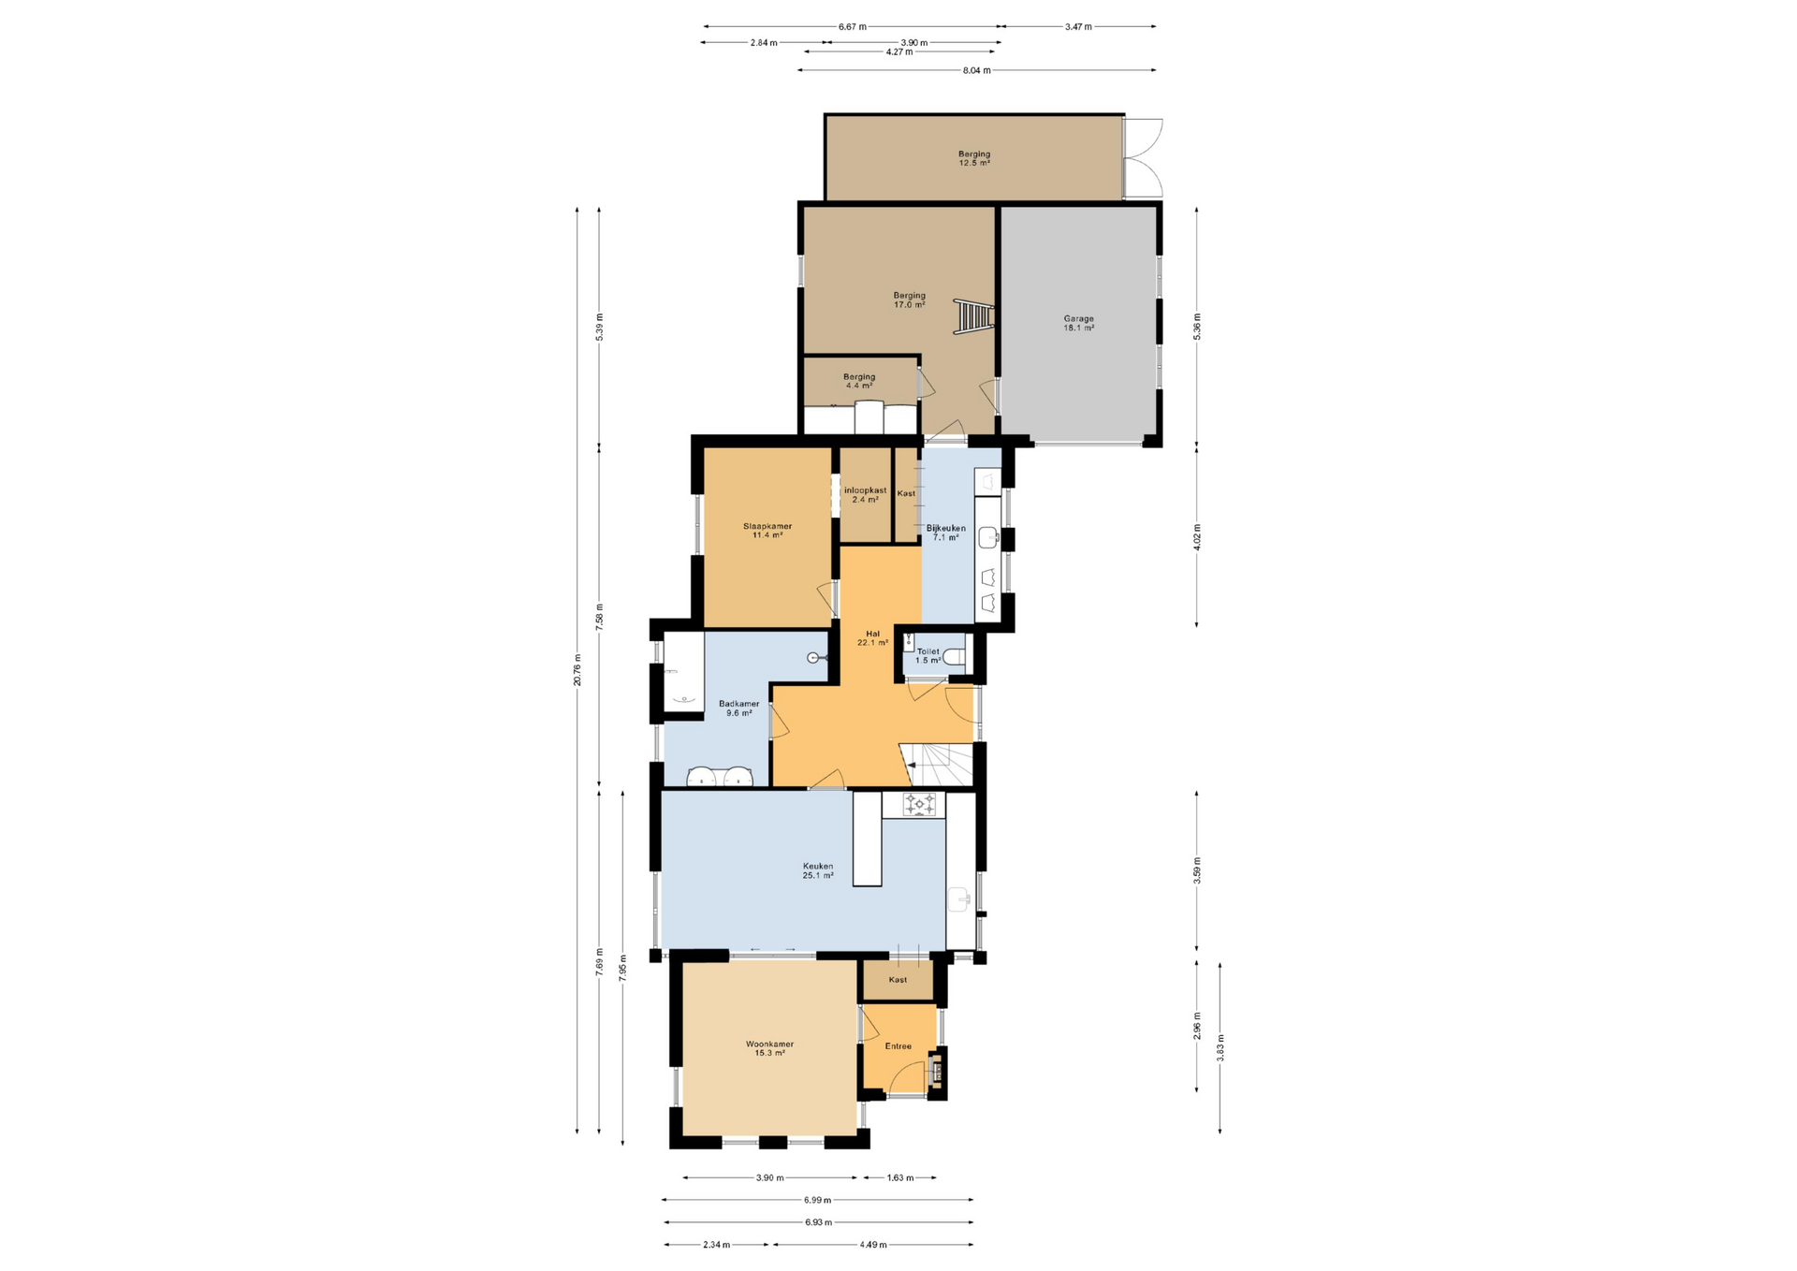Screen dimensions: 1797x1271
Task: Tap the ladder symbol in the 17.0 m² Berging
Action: coord(972,316)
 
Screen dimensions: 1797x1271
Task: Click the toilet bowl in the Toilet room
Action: coord(954,656)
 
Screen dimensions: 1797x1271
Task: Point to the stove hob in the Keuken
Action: coord(919,804)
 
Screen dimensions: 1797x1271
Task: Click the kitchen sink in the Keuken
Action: coord(959,899)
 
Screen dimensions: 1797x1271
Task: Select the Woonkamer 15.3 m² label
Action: coord(769,1048)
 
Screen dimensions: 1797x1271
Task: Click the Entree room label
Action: coord(898,1046)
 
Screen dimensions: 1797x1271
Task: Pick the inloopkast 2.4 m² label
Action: coord(865,495)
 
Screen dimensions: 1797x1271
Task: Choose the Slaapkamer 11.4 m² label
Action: coord(767,531)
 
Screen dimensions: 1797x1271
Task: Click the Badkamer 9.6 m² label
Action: coord(738,709)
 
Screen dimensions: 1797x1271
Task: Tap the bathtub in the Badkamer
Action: coord(683,672)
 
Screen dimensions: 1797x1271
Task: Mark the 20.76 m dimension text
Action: coord(577,669)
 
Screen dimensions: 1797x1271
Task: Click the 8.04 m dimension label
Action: coord(976,70)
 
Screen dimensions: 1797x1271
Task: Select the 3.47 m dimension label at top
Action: coord(1078,27)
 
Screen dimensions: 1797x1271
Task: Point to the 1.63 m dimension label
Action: coord(899,1177)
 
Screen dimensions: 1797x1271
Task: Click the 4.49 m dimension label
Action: coord(872,1245)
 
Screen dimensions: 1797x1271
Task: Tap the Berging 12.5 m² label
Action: coord(973,158)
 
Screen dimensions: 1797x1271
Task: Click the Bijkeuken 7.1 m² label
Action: coord(945,533)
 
